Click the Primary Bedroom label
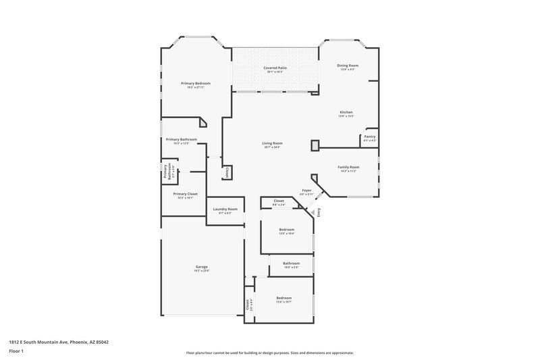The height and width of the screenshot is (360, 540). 195,83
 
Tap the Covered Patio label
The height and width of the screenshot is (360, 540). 274,69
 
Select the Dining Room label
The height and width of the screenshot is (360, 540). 348,66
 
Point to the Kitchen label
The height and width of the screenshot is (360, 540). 346,112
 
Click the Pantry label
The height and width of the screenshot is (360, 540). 369,136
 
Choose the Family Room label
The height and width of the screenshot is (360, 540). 348,167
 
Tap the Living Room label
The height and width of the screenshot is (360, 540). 272,143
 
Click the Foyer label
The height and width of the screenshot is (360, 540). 306,190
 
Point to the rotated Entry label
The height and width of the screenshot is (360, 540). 319,211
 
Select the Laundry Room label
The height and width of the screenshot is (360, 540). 225,209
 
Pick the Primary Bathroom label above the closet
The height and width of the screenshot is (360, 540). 182,139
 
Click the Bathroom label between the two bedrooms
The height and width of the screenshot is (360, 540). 291,263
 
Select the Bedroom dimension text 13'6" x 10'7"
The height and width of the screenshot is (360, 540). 283,301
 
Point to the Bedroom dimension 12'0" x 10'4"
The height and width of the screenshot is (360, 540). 287,234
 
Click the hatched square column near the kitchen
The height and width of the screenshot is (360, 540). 315,145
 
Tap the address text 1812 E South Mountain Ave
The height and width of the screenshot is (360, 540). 59,342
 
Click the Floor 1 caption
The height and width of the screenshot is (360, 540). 16,352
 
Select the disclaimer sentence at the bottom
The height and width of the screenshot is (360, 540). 269,353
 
